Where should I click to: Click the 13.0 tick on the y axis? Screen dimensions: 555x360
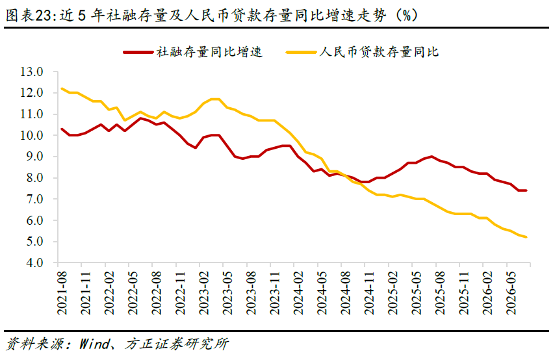coord(31,72)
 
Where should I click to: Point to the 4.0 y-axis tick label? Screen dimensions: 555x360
coord(34,263)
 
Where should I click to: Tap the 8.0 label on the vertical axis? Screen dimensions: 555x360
coord(34,177)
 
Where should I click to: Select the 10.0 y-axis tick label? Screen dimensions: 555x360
coord(31,135)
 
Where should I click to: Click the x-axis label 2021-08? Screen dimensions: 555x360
coord(62,293)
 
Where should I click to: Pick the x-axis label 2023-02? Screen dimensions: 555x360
coord(204,293)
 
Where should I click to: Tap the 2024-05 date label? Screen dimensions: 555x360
coord(322,293)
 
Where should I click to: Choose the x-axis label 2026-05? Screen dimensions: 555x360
coord(511,293)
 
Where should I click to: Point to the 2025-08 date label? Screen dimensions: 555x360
coord(440,293)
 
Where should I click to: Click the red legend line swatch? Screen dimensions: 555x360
coord(138,53)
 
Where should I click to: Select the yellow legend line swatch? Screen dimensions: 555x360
coord(301,53)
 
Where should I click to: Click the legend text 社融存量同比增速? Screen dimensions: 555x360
coord(209,52)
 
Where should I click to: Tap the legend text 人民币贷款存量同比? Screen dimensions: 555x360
coord(379,52)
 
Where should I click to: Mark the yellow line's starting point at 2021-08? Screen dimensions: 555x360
coord(62,88)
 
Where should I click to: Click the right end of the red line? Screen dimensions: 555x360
coord(526,190)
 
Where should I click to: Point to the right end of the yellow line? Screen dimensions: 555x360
coord(526,237)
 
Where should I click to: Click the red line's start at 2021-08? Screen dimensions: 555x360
coord(62,129)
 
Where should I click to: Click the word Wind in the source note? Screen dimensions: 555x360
coord(94,344)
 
